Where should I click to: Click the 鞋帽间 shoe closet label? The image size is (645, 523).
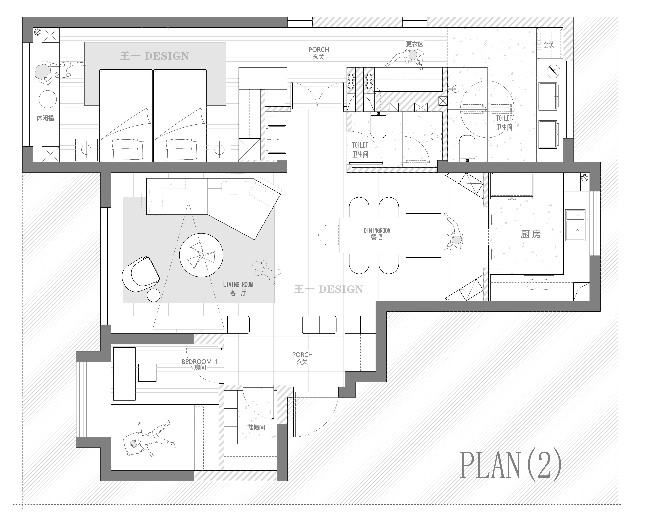tap(256, 427)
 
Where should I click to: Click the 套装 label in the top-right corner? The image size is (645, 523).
tap(549, 45)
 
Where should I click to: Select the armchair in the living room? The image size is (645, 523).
tap(141, 274)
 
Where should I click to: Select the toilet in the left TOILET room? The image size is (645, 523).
tap(378, 125)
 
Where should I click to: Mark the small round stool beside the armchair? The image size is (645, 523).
tap(153, 295)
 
